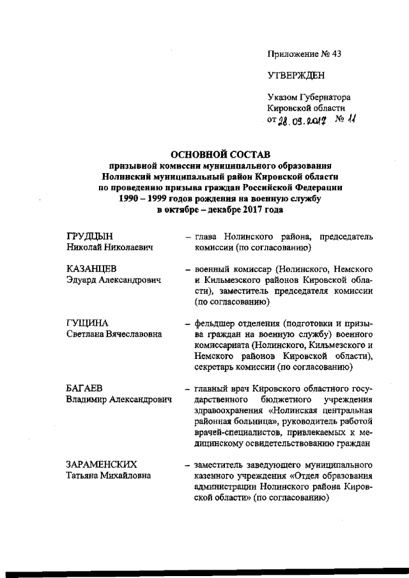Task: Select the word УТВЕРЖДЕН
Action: pyautogui.click(x=296, y=76)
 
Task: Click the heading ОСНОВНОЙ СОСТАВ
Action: pyautogui.click(x=220, y=154)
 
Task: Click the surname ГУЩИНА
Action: pyautogui.click(x=88, y=323)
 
